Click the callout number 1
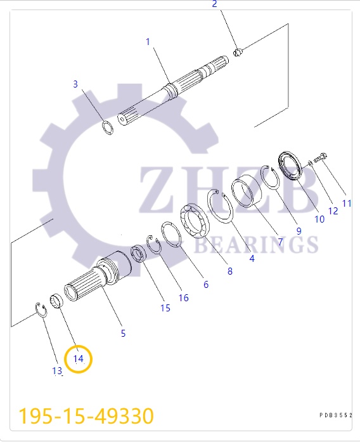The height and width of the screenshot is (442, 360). click(x=148, y=42)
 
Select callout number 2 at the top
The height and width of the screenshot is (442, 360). click(x=214, y=4)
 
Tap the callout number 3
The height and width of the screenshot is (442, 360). click(x=75, y=84)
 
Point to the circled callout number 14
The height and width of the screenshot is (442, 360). click(x=78, y=358)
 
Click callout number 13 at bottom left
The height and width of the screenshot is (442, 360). click(x=57, y=371)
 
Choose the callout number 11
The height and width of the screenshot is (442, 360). click(x=347, y=204)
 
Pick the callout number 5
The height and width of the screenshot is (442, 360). click(x=123, y=333)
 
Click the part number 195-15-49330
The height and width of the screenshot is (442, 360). click(x=86, y=416)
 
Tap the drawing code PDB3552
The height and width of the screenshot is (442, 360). click(x=335, y=415)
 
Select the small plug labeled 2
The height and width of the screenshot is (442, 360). click(x=238, y=52)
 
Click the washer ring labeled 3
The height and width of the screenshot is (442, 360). click(x=108, y=128)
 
